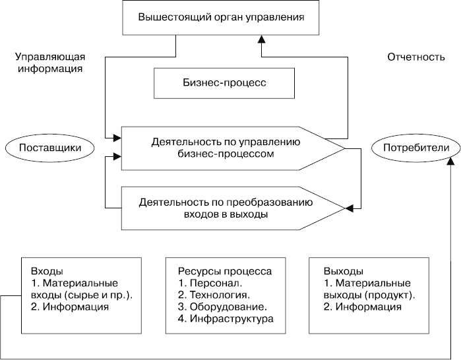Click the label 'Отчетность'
coord(413,57)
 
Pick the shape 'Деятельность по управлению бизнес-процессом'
coord(226,148)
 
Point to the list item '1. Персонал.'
coord(208,284)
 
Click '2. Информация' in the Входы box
coord(70,307)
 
